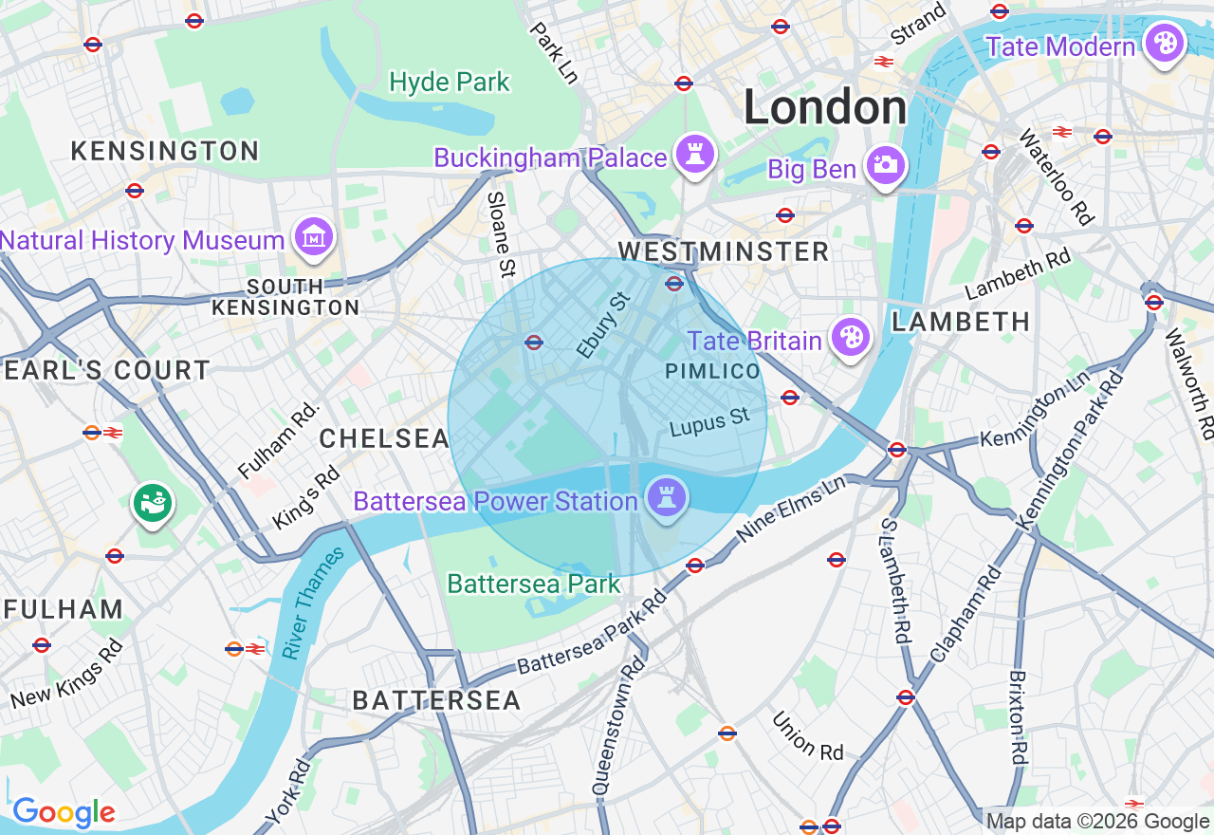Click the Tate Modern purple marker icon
click(1163, 44)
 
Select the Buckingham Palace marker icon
click(695, 154)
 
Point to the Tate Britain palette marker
click(851, 337)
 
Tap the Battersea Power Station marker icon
click(666, 496)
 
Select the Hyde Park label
click(450, 83)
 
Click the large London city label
click(824, 107)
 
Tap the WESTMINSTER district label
click(724, 251)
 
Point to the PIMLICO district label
click(712, 371)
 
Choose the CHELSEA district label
click(384, 438)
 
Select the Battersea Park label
click(533, 584)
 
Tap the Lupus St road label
click(709, 423)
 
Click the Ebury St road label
click(604, 325)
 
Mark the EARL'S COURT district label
click(106, 370)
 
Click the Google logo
click(64, 812)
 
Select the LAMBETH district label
click(961, 322)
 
